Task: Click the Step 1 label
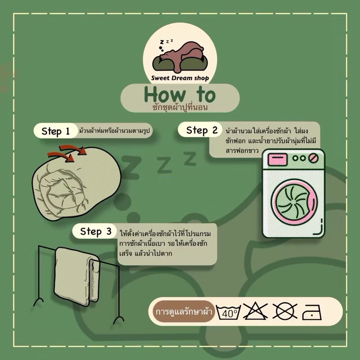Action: click(x=55, y=131)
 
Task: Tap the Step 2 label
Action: click(x=202, y=130)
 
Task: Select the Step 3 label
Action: click(x=95, y=231)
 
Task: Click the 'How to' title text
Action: click(x=180, y=94)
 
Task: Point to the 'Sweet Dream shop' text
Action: click(x=180, y=78)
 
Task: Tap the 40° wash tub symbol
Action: click(x=229, y=312)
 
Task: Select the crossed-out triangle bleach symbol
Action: click(x=255, y=311)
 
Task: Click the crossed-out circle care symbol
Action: click(x=285, y=311)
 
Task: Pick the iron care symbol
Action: click(x=312, y=312)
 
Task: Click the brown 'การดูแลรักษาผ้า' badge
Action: click(x=184, y=312)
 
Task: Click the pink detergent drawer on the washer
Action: click(x=277, y=159)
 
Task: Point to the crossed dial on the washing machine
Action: click(x=313, y=158)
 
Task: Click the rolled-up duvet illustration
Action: click(x=76, y=184)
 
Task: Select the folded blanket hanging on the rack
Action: click(x=77, y=276)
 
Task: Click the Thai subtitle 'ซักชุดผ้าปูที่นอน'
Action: click(x=180, y=108)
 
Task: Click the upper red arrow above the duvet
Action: click(x=73, y=148)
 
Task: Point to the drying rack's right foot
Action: click(x=119, y=319)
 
